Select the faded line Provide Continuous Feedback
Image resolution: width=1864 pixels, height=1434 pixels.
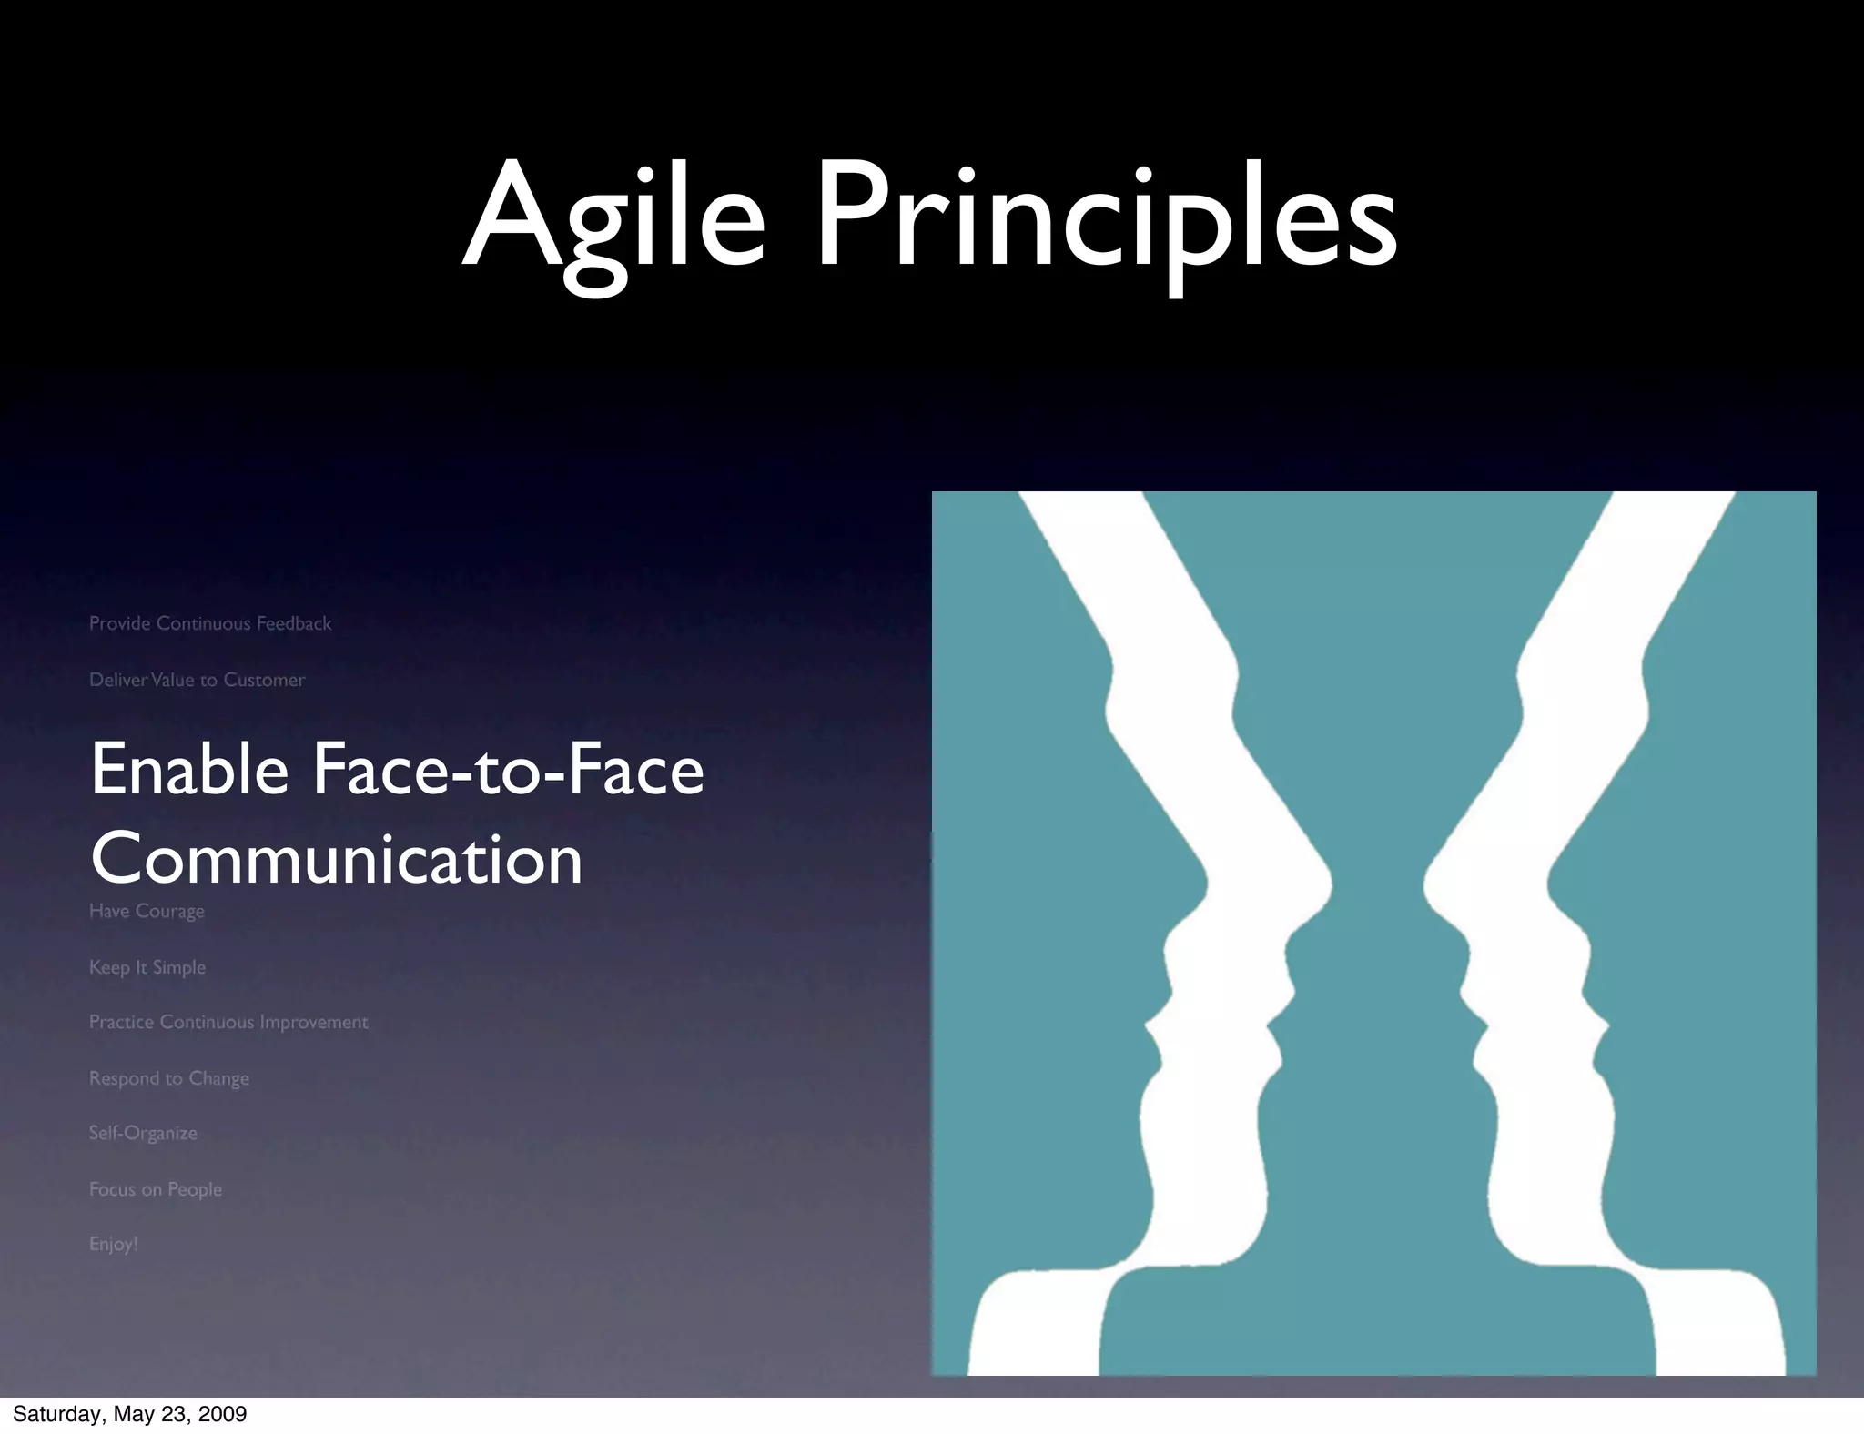pos(210,623)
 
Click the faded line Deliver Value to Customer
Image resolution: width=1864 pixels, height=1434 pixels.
pos(197,680)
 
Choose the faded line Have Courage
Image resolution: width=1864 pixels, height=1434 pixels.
pos(147,911)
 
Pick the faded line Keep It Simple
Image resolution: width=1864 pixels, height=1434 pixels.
pos(147,967)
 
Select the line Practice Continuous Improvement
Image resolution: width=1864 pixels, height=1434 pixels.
pos(228,1022)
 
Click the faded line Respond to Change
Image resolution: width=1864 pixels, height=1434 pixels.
pos(169,1078)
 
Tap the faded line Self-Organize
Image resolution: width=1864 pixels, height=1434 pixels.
pos(143,1133)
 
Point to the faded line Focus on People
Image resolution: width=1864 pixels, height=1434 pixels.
pos(156,1189)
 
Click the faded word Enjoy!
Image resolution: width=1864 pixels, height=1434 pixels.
pos(114,1244)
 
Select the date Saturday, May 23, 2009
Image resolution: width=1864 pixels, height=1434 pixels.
pos(129,1414)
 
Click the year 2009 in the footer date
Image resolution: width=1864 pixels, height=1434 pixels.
pos(223,1414)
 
